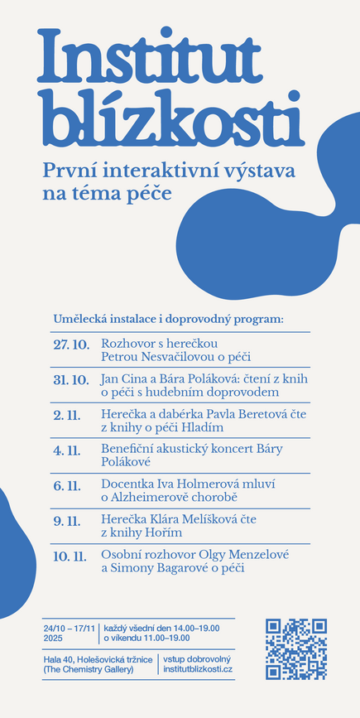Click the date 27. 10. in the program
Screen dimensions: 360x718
[71, 344]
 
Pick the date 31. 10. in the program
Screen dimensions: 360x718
[71, 379]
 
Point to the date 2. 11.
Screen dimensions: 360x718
[67, 415]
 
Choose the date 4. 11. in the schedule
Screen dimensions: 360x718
[67, 451]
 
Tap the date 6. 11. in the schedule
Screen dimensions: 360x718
[67, 485]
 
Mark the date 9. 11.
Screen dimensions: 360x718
[67, 521]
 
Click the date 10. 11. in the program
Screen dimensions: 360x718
[70, 557]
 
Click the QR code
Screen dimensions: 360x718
[295, 648]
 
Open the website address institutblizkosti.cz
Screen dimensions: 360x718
[198, 668]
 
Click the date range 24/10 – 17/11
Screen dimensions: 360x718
[70, 629]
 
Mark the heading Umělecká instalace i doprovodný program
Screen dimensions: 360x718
[168, 319]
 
